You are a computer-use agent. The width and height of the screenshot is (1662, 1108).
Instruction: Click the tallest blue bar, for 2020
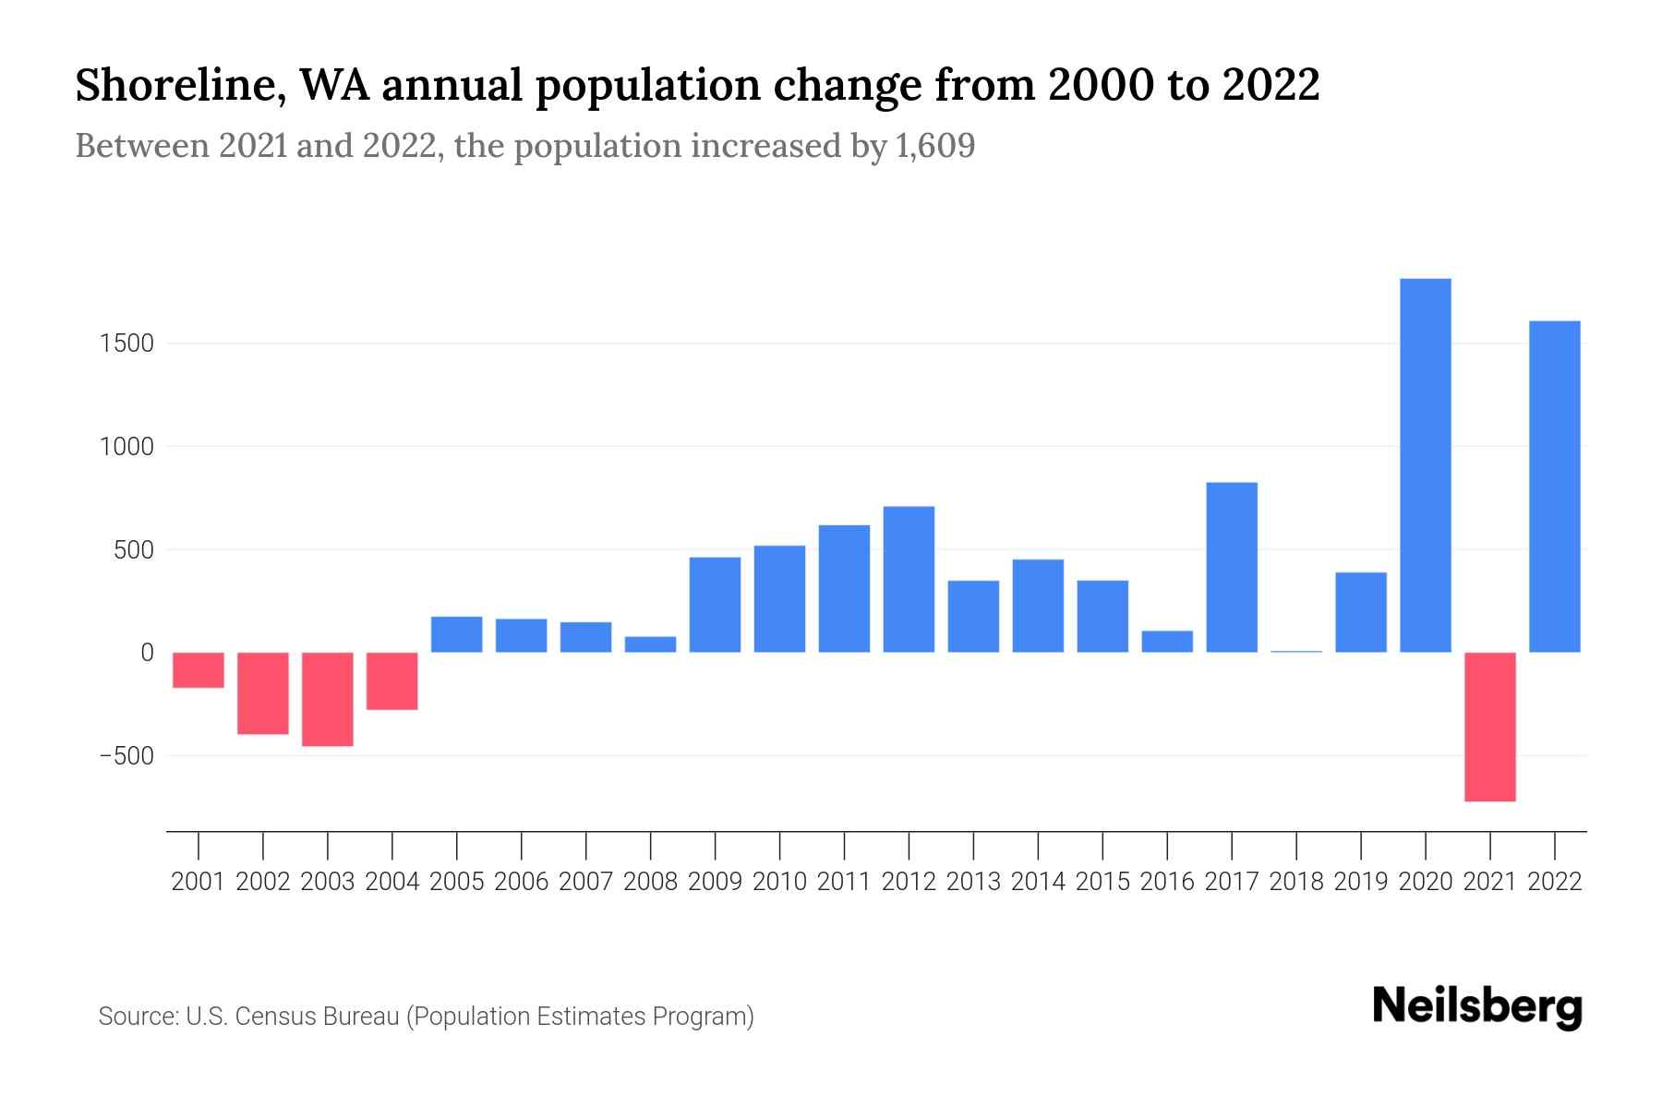click(x=1426, y=465)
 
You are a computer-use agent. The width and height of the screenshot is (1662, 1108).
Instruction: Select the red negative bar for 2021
click(x=1490, y=727)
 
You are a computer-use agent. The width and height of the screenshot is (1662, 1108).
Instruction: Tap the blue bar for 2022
click(x=1555, y=487)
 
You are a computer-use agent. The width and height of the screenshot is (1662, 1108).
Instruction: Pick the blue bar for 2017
click(x=1232, y=568)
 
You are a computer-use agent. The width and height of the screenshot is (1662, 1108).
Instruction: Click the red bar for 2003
click(x=328, y=699)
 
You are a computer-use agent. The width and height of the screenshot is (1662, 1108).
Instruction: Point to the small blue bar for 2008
click(x=650, y=644)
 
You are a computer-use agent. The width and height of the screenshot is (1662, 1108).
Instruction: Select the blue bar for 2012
click(x=909, y=580)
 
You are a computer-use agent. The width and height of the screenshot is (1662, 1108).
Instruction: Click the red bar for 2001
click(x=199, y=670)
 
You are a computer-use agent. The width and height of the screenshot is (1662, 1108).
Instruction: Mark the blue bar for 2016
click(x=1167, y=642)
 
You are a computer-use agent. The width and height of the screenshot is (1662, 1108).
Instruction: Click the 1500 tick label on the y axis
click(x=127, y=343)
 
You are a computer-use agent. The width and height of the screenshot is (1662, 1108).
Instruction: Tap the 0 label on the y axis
click(x=147, y=653)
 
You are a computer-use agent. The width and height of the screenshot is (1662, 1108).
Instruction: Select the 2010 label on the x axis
click(x=779, y=882)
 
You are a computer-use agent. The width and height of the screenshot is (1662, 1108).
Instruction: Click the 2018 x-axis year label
click(x=1296, y=882)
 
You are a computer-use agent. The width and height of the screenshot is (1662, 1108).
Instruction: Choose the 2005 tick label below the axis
click(x=457, y=882)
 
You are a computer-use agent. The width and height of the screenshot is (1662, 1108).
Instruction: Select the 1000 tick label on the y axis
click(x=127, y=447)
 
